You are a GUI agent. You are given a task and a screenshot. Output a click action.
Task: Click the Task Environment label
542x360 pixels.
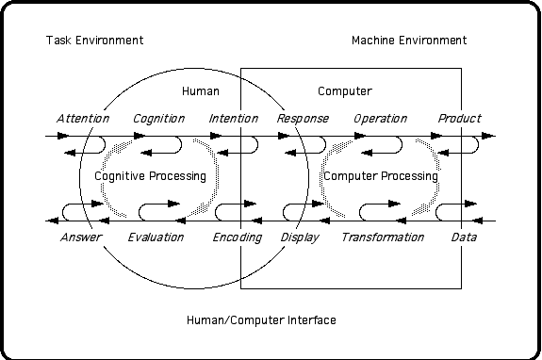pyautogui.click(x=94, y=41)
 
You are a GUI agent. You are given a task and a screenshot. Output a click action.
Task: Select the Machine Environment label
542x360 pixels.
pyautogui.click(x=408, y=41)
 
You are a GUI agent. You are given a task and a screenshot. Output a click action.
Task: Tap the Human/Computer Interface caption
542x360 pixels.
pyautogui.click(x=261, y=320)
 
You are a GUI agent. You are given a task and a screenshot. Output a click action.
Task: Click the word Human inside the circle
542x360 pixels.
pyautogui.click(x=201, y=91)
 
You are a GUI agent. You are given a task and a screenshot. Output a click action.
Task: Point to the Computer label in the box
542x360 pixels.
pyautogui.click(x=344, y=91)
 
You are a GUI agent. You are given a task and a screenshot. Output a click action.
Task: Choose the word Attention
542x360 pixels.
pyautogui.click(x=83, y=119)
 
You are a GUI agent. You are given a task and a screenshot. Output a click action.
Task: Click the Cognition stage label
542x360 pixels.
pyautogui.click(x=158, y=119)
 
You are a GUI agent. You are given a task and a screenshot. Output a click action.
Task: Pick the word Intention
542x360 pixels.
pyautogui.click(x=234, y=119)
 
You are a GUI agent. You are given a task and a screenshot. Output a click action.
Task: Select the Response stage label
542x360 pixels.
pyautogui.click(x=303, y=119)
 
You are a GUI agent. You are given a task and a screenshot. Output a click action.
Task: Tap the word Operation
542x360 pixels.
pyautogui.click(x=380, y=119)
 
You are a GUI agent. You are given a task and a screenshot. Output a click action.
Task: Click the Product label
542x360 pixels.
pyautogui.click(x=459, y=119)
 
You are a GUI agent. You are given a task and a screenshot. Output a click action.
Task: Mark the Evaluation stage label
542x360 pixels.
pyautogui.click(x=156, y=237)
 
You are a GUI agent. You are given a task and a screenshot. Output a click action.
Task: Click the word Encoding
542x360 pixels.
pyautogui.click(x=237, y=237)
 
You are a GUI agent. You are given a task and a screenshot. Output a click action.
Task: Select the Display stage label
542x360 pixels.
pyautogui.click(x=300, y=237)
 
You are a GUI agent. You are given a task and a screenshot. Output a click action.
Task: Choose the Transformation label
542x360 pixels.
pyautogui.click(x=383, y=237)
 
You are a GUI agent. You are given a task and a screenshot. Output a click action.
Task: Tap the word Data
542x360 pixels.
pyautogui.click(x=464, y=237)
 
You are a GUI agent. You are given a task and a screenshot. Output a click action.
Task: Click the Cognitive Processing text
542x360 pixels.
pyautogui.click(x=150, y=176)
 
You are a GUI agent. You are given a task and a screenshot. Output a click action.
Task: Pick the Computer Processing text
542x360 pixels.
pyautogui.click(x=380, y=176)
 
